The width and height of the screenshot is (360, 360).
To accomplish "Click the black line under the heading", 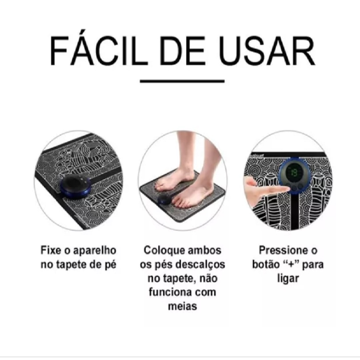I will pos(182,81).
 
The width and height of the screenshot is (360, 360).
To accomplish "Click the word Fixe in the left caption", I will pos(51,251).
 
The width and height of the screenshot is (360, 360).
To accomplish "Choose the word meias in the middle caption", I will pos(182,306).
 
